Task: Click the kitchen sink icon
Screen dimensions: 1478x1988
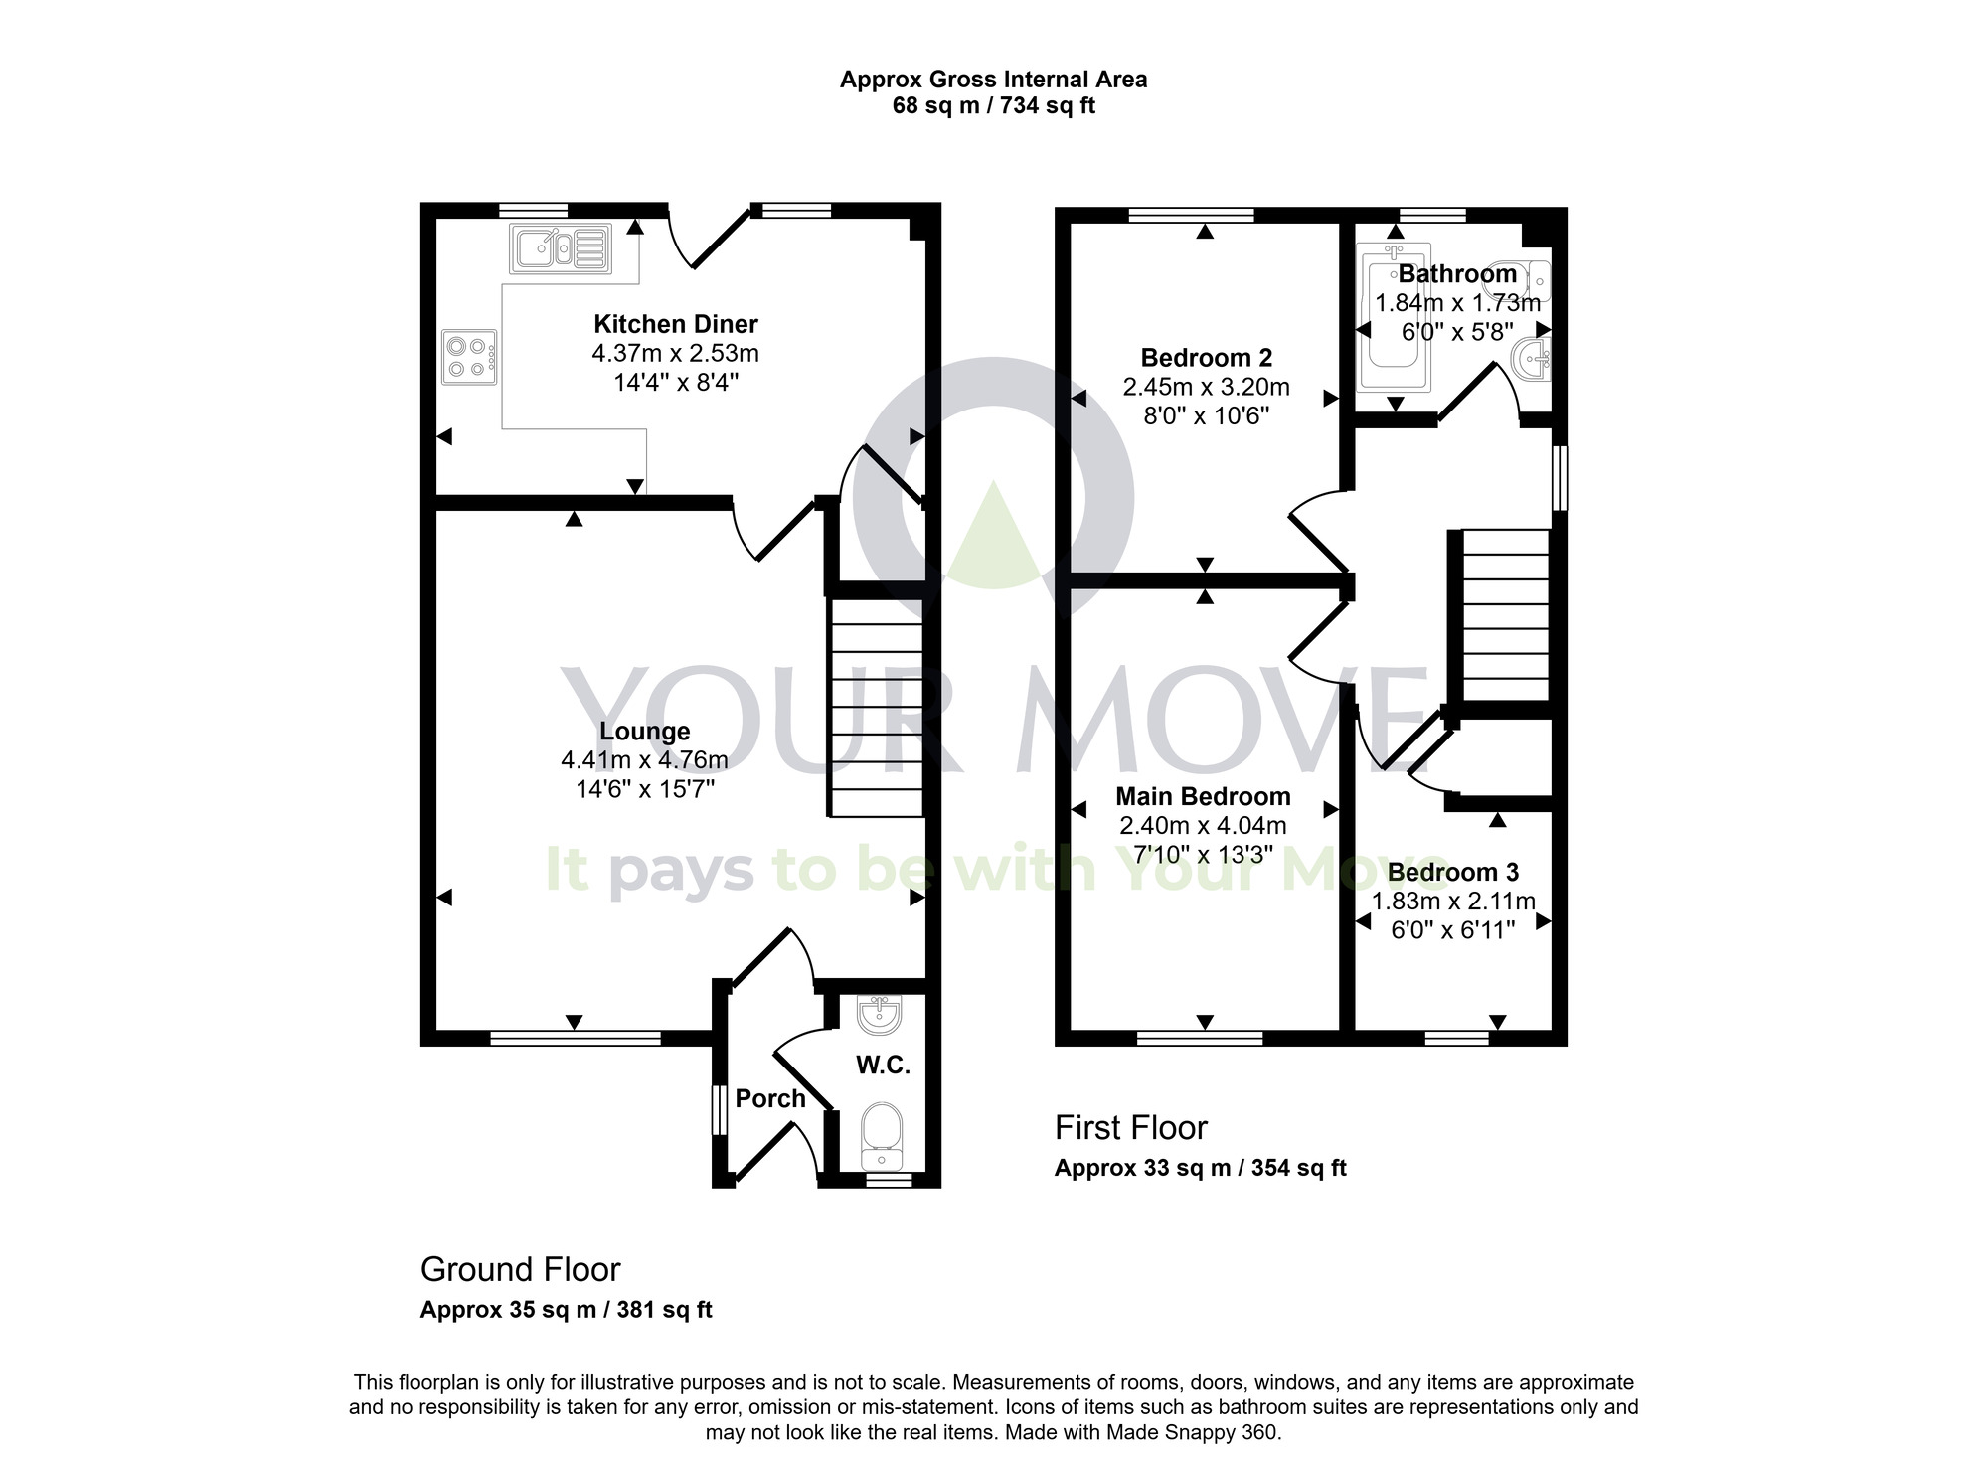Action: pos(560,247)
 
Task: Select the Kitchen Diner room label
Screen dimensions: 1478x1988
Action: pos(676,324)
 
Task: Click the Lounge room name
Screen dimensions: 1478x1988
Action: pos(644,732)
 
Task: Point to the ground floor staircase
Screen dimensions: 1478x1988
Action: pos(877,707)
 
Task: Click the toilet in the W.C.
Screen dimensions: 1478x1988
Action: pos(881,1134)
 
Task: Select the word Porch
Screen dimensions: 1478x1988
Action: pos(769,1098)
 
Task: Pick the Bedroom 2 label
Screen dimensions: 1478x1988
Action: pos(1206,358)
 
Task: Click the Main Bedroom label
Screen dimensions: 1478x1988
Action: pos(1203,796)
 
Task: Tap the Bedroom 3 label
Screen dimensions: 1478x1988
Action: pos(1452,873)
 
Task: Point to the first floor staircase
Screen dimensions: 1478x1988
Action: pos(1505,616)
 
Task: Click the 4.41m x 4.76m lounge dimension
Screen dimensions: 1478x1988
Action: pos(644,760)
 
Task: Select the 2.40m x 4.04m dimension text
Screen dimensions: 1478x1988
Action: pos(1203,825)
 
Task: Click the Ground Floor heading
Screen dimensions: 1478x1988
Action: pos(520,1269)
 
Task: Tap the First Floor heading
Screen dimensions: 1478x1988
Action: pos(1130,1128)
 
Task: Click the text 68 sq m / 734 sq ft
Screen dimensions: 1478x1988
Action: pos(993,105)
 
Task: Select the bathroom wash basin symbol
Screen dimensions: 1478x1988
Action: pos(1532,357)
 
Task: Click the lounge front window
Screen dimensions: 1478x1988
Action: pos(576,1038)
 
